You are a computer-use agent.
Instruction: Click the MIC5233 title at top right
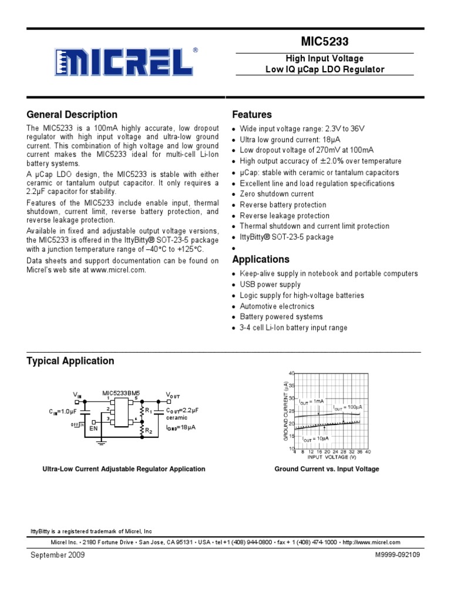point(324,42)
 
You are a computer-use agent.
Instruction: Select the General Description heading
point(72,115)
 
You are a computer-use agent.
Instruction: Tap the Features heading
point(252,115)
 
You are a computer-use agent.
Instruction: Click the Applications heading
point(261,259)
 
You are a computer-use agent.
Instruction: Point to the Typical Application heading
point(70,361)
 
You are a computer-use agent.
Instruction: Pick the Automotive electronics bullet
point(277,306)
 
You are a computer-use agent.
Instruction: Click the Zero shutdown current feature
point(277,194)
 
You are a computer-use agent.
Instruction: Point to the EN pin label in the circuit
point(93,429)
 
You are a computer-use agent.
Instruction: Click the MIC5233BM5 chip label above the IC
point(122,393)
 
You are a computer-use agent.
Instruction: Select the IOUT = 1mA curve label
point(312,402)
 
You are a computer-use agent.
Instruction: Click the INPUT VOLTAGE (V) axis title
point(332,457)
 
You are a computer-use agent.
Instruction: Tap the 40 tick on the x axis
point(368,451)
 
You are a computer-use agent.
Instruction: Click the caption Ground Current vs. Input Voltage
point(327,469)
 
